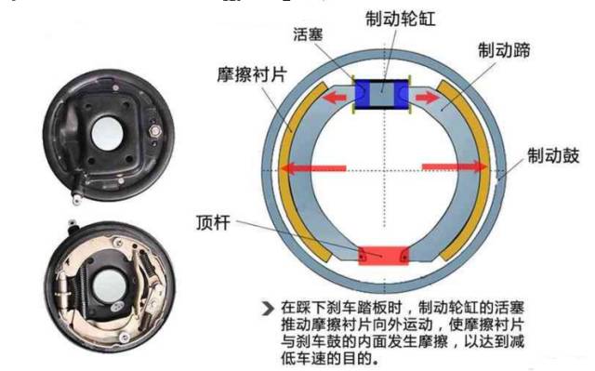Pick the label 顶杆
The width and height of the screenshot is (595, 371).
[215, 223]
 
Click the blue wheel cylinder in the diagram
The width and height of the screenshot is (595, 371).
[383, 93]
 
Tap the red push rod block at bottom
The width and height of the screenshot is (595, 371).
[383, 253]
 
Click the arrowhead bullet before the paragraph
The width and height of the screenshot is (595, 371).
[268, 306]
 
